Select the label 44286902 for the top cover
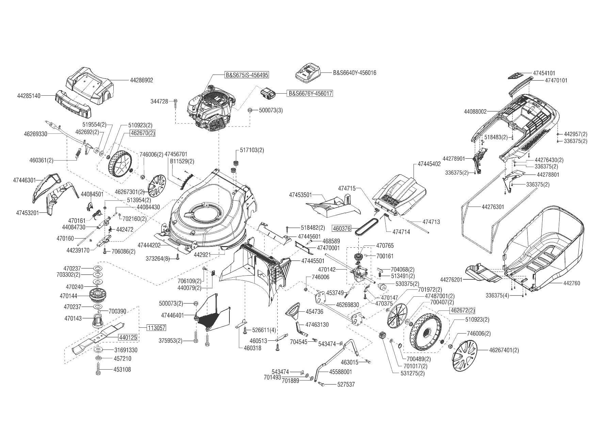coord(142,80)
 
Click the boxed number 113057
coord(157,328)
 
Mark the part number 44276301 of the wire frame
coord(493,207)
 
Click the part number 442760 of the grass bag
coord(572,283)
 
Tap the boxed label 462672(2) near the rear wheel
coord(462,310)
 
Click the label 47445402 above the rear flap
coord(429,164)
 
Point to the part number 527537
coord(346,384)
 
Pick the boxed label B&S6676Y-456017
coord(310,93)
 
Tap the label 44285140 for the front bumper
coord(29,96)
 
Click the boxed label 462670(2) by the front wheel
coord(142,133)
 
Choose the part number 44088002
coord(475,111)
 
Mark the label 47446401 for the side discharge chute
coord(172,315)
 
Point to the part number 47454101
coord(544,73)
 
